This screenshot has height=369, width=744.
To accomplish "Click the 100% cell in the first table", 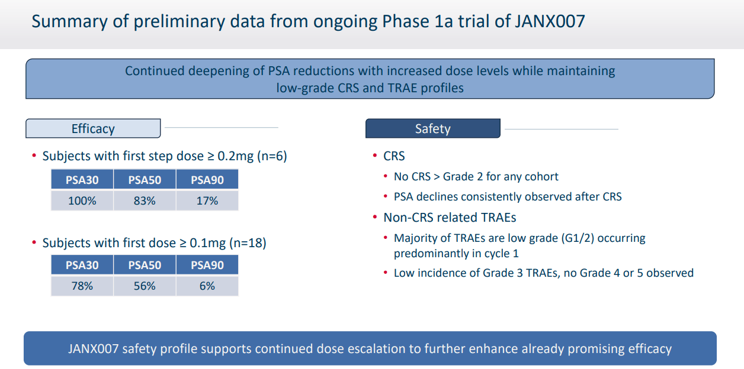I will tap(82, 200).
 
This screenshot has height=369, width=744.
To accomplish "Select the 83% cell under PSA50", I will tap(145, 200).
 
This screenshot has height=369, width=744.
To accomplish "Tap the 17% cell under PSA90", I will tap(207, 200).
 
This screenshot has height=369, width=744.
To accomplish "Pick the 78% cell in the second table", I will tap(82, 286).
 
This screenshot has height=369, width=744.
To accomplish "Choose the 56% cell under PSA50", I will tap(145, 286).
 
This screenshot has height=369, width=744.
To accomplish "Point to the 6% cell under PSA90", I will tap(207, 286).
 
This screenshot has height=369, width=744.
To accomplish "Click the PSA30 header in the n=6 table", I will tap(82, 180).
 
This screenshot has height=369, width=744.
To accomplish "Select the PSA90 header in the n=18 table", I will tap(207, 265).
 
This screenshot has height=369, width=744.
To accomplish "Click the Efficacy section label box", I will tap(93, 129).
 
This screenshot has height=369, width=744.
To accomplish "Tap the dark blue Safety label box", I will tap(432, 129).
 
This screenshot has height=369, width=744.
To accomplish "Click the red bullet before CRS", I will tap(375, 156).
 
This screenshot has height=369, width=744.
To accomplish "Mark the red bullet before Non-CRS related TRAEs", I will tap(375, 218).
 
